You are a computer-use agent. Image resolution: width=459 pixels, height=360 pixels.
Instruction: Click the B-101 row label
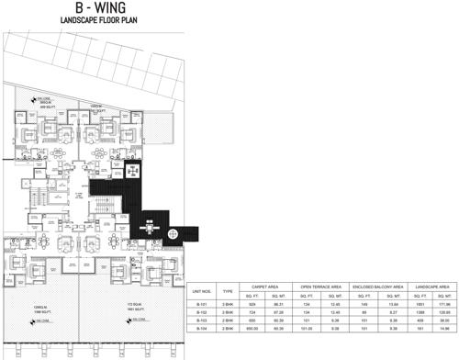click(204, 303)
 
